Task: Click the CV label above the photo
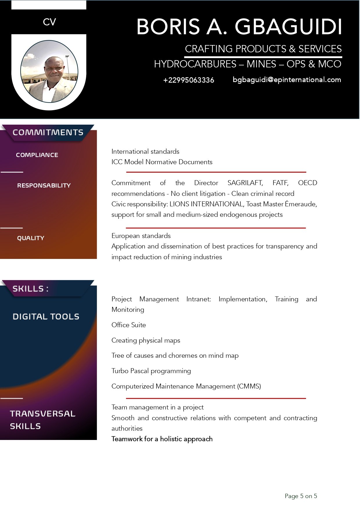pos(49,22)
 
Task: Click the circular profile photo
pos(49,71)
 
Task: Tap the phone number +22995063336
pos(189,80)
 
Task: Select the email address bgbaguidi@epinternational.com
pos(287,80)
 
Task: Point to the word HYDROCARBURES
pos(195,64)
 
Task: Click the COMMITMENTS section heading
pos(48,133)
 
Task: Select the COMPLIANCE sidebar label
pos(37,155)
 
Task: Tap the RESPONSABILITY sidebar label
pos(44,185)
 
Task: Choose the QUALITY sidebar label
pos(30,238)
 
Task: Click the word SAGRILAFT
pos(245,183)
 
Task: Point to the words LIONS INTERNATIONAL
pos(206,204)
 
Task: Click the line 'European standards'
pos(141,236)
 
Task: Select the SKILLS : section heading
pos(30,289)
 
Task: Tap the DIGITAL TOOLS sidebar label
pos(46,317)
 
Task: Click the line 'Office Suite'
pos(129,325)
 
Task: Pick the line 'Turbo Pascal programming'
pos(151,371)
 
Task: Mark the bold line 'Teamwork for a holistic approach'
pos(162,439)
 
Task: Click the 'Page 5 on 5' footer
pos(301,496)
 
